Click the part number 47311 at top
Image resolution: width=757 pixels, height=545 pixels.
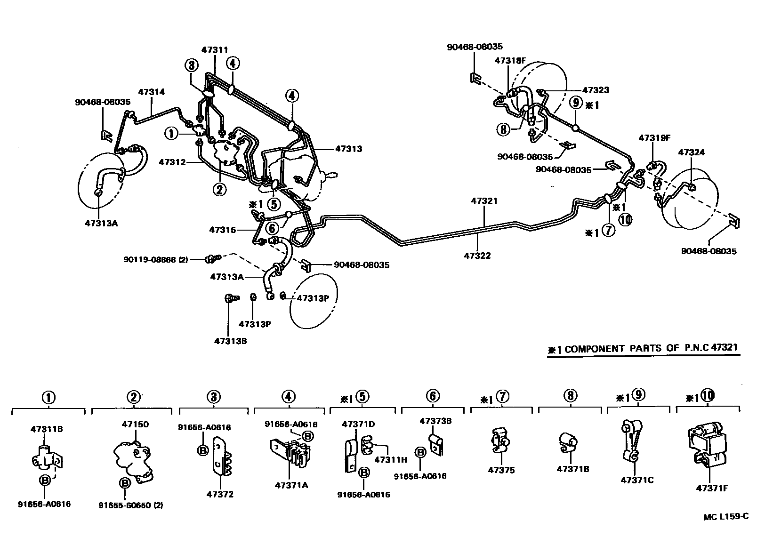(x=215, y=49)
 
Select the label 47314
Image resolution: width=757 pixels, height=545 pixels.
(x=152, y=92)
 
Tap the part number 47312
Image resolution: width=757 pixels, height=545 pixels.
(x=172, y=162)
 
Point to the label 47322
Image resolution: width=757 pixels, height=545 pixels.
(x=477, y=256)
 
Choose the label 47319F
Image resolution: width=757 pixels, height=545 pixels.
(x=654, y=138)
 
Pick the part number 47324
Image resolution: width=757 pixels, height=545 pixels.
(x=692, y=152)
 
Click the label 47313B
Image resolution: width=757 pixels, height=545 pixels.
(x=230, y=341)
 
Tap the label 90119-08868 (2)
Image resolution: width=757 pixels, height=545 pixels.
(x=156, y=259)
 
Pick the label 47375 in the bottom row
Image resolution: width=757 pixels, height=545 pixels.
(x=501, y=470)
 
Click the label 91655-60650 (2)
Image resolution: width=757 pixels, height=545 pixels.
(x=131, y=505)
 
